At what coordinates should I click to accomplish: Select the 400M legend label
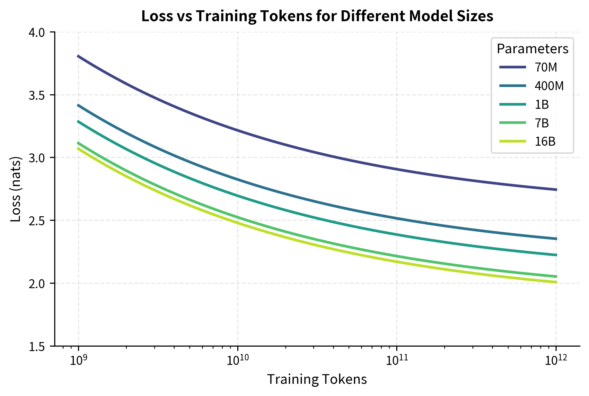549,86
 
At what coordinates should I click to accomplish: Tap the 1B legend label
542,105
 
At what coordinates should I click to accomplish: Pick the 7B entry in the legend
542,123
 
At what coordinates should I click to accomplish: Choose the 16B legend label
545,142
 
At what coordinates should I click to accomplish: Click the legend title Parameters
532,49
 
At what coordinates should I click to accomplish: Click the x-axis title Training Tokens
317,379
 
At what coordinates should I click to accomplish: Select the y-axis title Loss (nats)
16,189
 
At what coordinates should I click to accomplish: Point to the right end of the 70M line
556,190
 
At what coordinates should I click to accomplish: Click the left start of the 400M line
78,105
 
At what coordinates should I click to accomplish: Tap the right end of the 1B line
556,255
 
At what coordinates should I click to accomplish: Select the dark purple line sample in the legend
513,67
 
